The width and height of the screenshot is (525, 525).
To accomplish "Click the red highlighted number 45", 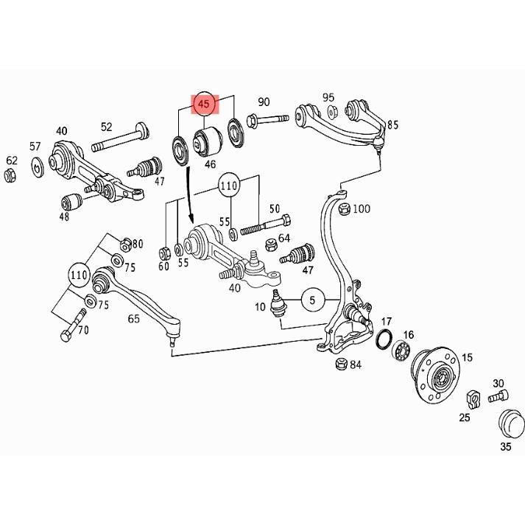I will point(204,105).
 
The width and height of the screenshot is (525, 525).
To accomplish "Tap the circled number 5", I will point(311,300).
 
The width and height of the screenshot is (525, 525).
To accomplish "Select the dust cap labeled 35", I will point(510,424).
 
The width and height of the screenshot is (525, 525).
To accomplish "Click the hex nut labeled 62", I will point(10,175).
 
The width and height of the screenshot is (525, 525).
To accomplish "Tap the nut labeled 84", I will point(341,363).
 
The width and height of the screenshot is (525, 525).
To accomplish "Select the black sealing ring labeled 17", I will point(383,340).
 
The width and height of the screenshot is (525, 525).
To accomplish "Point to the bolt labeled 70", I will point(69,328).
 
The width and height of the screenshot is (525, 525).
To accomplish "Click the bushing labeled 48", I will point(71,200).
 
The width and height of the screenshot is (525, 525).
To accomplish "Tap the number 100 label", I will point(362,209).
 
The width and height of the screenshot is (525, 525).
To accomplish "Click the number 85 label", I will point(392,125).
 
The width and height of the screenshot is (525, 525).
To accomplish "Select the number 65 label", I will point(133,319).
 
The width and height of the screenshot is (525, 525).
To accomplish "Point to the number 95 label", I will point(328,98).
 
